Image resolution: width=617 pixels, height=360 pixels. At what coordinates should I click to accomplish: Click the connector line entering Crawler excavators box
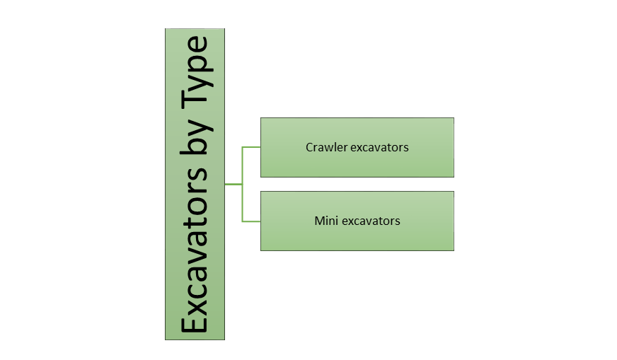click(x=251, y=148)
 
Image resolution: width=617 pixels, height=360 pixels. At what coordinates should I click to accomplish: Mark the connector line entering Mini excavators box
click(x=251, y=221)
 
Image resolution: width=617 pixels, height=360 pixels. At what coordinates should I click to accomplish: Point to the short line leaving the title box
click(x=233, y=184)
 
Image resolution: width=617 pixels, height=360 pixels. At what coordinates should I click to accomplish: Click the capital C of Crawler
click(x=309, y=148)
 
